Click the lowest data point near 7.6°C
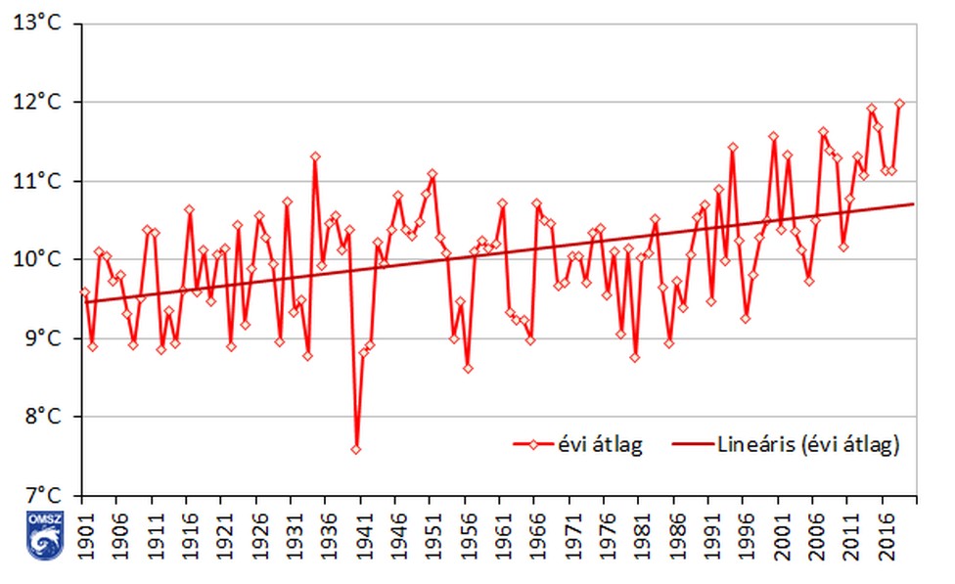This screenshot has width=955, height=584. click(356, 449)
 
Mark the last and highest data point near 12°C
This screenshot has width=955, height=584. click(899, 104)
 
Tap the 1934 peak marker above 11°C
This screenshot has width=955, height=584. click(315, 157)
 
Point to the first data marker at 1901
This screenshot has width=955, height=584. click(84, 292)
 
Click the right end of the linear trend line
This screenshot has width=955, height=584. click(913, 203)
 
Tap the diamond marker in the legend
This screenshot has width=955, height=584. click(535, 445)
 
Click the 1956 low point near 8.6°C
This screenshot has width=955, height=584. click(468, 369)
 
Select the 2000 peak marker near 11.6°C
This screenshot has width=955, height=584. click(773, 137)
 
